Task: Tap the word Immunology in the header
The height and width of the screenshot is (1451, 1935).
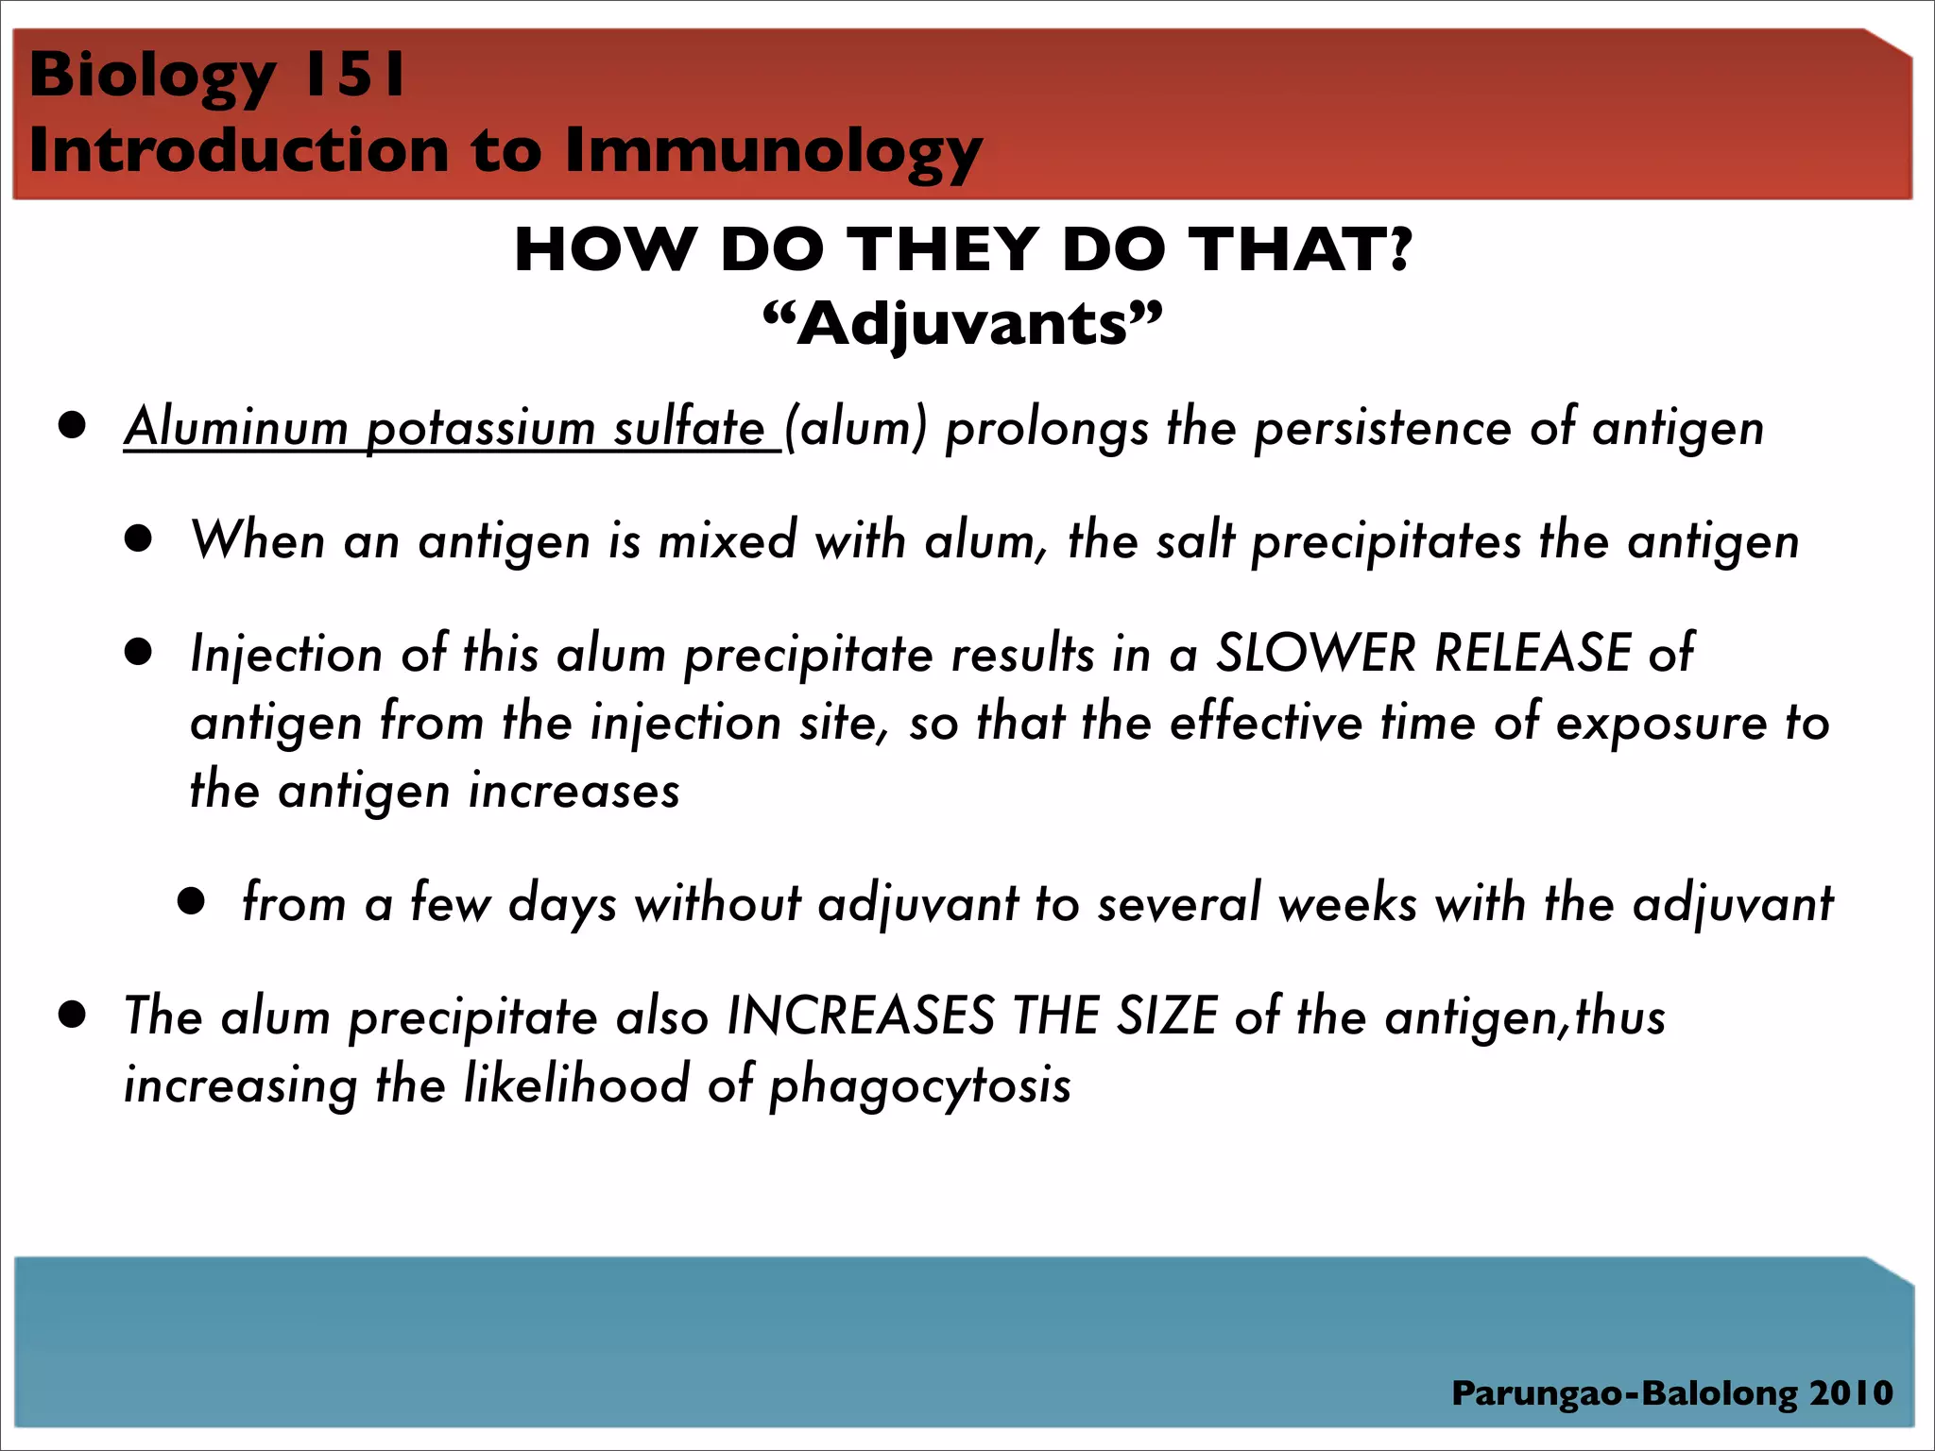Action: (x=774, y=152)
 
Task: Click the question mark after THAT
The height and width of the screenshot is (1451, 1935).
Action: (x=1398, y=249)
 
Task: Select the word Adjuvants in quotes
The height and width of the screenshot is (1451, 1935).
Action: (x=963, y=324)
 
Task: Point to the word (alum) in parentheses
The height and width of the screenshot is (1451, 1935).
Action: (x=856, y=428)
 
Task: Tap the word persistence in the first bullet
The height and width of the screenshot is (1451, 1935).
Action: (x=1382, y=428)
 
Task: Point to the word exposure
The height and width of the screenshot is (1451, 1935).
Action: (x=1661, y=724)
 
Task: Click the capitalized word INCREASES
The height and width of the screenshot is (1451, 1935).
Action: (x=860, y=1016)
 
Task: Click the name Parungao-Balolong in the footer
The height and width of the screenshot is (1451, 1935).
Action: (x=1624, y=1393)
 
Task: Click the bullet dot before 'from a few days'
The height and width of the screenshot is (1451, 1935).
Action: (x=192, y=901)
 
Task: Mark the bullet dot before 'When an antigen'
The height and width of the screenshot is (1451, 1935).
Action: (x=139, y=539)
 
